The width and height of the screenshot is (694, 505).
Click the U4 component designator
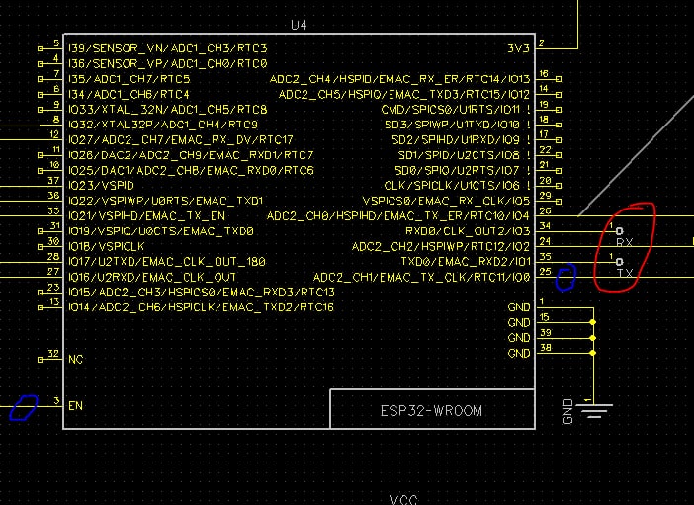coord(300,24)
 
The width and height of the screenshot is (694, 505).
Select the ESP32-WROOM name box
coord(432,409)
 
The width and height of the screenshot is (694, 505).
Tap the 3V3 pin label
coord(518,46)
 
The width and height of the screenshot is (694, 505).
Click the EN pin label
coord(75,405)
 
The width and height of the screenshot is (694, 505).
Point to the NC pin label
coord(75,359)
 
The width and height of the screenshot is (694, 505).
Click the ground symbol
coord(592,408)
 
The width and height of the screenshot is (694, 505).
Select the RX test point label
coord(624,242)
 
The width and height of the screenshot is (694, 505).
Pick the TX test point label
coord(624,272)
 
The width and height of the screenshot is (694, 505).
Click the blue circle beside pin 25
coord(565,278)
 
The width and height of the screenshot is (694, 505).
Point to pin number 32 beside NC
coord(54,353)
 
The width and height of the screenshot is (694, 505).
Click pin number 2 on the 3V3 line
coord(543,42)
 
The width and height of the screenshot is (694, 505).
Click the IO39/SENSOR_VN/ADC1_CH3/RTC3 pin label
coord(166,47)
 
